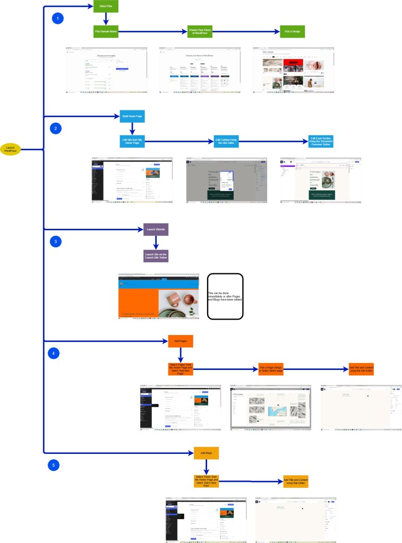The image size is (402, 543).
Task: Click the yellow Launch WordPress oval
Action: [x=10, y=149]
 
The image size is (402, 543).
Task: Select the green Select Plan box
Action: [x=106, y=7]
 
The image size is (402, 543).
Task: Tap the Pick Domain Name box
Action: [x=106, y=32]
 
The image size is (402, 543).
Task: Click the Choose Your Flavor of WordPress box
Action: [x=200, y=32]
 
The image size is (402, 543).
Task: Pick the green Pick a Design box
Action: [x=293, y=32]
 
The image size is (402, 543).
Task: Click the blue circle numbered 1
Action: [x=57, y=19]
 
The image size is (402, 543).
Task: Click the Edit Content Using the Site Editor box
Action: [x=226, y=141]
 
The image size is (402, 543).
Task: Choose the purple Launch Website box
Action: [x=156, y=229]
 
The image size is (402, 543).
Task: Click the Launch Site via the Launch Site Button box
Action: [x=156, y=256]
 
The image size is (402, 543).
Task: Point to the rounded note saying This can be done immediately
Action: [x=225, y=296]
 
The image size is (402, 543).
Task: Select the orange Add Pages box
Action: [x=180, y=341]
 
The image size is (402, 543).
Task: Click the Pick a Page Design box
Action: [x=271, y=369]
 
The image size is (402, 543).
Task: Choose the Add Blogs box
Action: [x=206, y=453]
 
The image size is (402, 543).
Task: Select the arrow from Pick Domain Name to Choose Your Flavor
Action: [x=152, y=32]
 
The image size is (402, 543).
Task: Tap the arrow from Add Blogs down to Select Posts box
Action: [x=206, y=467]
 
